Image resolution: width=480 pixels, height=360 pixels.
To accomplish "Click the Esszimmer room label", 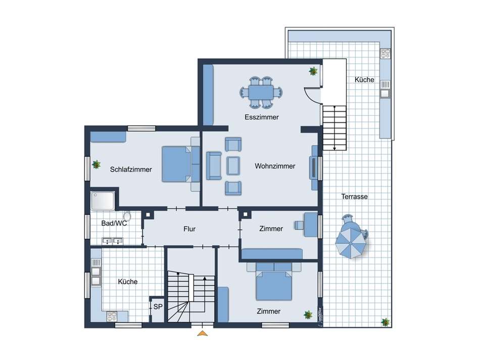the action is click(x=261, y=117).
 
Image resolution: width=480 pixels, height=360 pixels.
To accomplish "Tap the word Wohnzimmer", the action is click(x=275, y=166).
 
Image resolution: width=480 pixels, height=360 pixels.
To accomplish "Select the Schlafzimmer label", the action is click(x=131, y=169).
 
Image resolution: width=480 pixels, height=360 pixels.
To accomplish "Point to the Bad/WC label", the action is click(x=114, y=223).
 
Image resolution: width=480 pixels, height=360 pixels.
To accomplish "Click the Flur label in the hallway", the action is click(x=189, y=229).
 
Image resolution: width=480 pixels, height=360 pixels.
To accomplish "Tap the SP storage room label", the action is click(x=158, y=307).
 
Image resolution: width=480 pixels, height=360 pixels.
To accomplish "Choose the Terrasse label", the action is click(x=355, y=197).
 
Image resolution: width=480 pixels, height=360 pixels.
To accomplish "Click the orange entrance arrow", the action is click(x=202, y=333).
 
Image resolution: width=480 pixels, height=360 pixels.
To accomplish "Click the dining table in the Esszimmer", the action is click(x=261, y=92).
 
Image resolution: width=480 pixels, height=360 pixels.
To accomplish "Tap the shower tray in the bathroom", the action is click(x=103, y=201).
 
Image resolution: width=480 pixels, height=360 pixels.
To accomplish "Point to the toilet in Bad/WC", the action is click(x=127, y=216).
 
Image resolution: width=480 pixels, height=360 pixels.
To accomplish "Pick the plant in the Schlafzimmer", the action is click(x=97, y=164).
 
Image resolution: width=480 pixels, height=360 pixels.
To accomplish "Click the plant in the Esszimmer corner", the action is click(x=313, y=71).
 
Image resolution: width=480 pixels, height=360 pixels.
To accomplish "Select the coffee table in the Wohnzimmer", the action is click(x=233, y=166).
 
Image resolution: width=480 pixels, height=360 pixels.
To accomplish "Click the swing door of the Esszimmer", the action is click(x=312, y=95).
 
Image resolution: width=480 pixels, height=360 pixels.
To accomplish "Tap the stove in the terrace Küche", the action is click(x=385, y=53).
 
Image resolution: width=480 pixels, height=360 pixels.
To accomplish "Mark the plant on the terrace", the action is click(x=386, y=322).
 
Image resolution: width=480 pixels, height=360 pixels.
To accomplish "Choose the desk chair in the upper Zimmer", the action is click(x=299, y=225).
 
